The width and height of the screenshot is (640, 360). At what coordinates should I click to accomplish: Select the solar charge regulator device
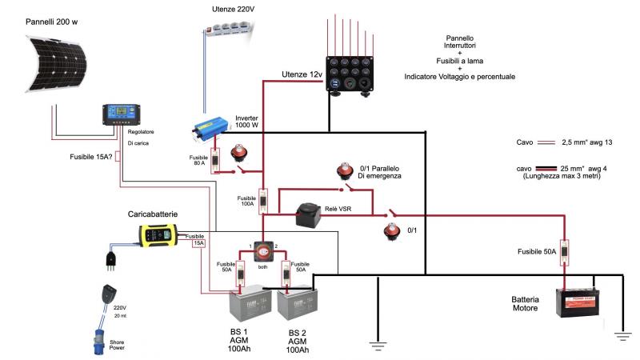[x=120, y=115]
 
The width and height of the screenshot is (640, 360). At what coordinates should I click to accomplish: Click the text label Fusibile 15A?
[x=89, y=156]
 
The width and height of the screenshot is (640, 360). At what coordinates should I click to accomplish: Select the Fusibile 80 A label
[x=198, y=161]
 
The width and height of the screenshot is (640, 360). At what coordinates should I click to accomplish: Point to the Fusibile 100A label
[x=246, y=201]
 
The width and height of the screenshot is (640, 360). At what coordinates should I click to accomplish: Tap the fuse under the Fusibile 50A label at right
[x=565, y=253]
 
